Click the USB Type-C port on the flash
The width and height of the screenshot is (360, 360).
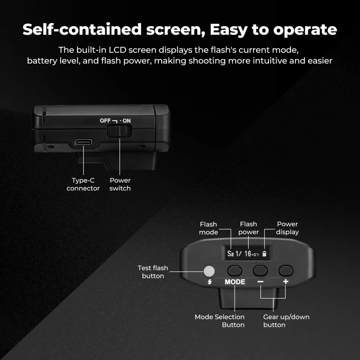84,142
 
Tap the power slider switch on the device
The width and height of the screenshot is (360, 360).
119,131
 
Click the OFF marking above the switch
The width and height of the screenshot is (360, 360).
105,121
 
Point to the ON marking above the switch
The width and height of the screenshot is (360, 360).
127,121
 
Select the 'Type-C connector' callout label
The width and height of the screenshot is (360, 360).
83,184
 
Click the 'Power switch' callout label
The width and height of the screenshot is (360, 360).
120,184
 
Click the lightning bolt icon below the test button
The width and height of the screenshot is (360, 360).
210,282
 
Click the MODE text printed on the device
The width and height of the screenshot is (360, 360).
235,282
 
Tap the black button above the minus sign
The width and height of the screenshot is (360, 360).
260,270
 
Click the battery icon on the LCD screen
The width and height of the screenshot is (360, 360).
264,254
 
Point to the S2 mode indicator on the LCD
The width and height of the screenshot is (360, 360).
230,254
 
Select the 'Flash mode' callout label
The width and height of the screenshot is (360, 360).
208,228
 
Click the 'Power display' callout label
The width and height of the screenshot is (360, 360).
287,228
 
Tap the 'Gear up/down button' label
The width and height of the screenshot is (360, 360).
286,321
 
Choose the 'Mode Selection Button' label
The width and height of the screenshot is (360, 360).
220,321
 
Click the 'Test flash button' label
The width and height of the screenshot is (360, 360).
153,272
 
